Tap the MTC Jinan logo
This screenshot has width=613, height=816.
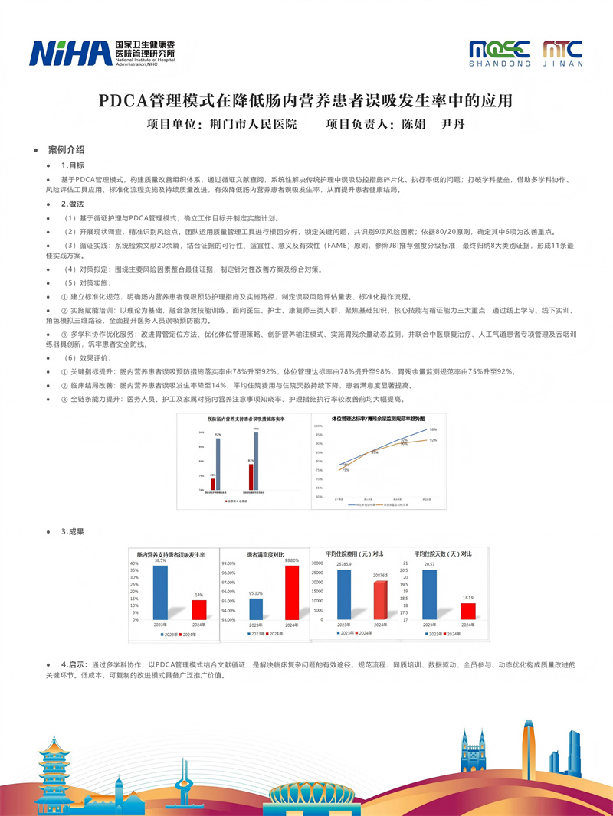tap(563, 53)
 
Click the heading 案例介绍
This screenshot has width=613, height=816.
tap(66, 150)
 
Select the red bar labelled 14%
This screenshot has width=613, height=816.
tap(198, 610)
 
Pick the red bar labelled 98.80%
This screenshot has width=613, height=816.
tap(291, 592)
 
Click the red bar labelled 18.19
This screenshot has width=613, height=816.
tap(467, 610)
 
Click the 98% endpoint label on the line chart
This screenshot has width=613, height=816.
tap(433, 429)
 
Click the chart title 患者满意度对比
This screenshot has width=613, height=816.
tap(262, 553)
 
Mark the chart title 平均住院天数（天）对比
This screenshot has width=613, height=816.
tap(443, 553)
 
